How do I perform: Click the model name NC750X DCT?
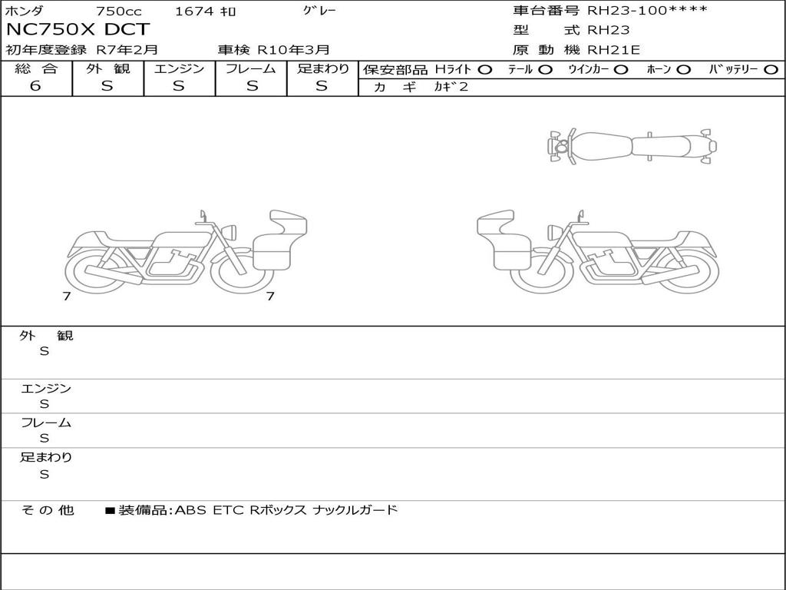click(x=78, y=29)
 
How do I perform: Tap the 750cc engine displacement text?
click(x=118, y=11)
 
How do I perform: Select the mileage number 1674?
click(x=194, y=11)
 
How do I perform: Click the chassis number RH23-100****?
click(x=647, y=10)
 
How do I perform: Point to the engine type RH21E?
click(x=613, y=50)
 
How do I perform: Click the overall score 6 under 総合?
click(x=35, y=86)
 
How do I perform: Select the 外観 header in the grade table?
click(x=107, y=68)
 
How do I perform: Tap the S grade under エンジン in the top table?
click(x=179, y=86)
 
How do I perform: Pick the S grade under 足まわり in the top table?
click(x=322, y=86)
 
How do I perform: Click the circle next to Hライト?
click(x=485, y=70)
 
